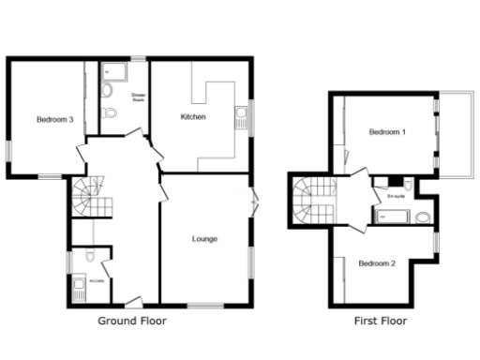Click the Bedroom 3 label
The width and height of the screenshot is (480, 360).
(55, 119)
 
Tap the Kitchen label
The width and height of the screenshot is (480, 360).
(193, 116)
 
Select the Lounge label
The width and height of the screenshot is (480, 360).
(204, 239)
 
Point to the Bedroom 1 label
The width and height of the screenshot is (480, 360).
(387, 131)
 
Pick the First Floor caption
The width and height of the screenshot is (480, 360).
(380, 321)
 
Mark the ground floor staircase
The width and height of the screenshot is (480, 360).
(85, 198)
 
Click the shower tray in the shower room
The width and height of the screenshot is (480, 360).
(115, 70)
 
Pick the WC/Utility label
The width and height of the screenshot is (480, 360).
(96, 280)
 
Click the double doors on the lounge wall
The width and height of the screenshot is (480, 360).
(254, 200)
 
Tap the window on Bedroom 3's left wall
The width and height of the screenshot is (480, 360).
(8, 150)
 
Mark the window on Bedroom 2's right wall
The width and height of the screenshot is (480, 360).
(435, 242)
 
